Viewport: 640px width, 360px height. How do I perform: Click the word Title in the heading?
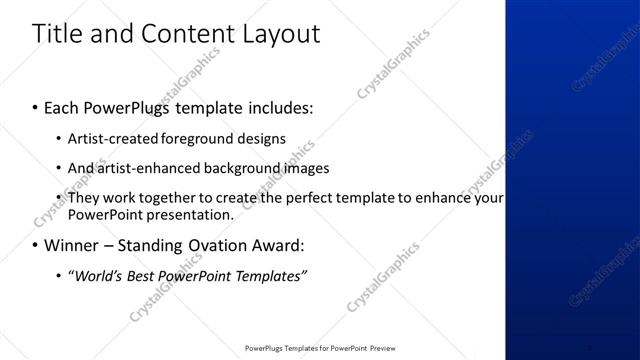pyautogui.click(x=58, y=34)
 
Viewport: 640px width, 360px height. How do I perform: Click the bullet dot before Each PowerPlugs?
pyautogui.click(x=36, y=105)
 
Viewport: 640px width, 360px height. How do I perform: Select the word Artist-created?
pyautogui.click(x=109, y=139)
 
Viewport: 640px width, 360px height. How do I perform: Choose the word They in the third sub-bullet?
pyautogui.click(x=85, y=198)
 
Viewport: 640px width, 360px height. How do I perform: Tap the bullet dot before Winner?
pyautogui.click(x=36, y=246)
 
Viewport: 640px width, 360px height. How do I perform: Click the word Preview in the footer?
pyautogui.click(x=377, y=349)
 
